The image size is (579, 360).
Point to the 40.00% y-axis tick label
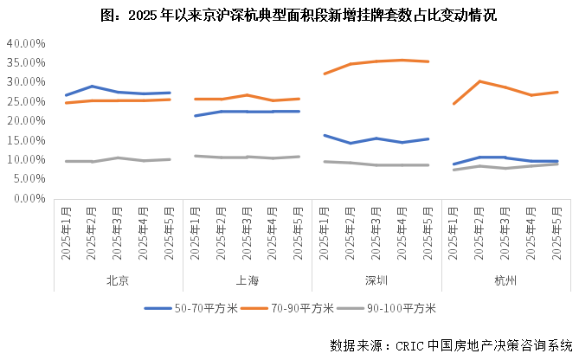[x=25, y=42]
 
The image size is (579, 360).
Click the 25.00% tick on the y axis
[x=25, y=100]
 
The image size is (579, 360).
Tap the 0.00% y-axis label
[x=28, y=198]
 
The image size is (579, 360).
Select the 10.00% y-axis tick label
[x=25, y=159]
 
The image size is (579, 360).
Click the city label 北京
[x=118, y=280]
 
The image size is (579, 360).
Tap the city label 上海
[x=247, y=280]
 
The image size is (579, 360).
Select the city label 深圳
[x=376, y=280]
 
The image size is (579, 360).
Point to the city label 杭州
[x=505, y=280]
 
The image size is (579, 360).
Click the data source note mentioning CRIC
[x=451, y=344]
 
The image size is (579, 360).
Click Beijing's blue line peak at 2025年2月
[x=93, y=87]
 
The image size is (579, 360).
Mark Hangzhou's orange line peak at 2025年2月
[x=480, y=81]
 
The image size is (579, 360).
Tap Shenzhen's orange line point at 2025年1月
[x=325, y=74]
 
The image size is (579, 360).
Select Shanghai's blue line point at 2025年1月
[x=196, y=116]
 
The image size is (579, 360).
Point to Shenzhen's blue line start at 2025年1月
[x=325, y=135]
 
